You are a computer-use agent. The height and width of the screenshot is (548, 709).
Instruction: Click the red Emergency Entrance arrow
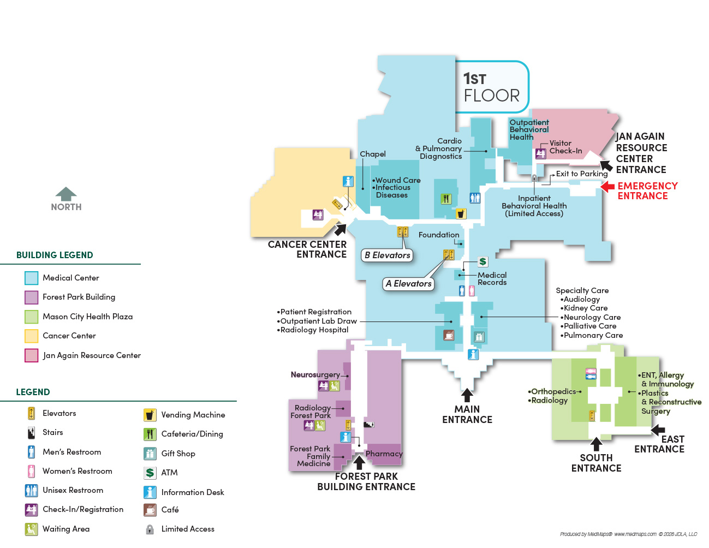(x=607, y=187)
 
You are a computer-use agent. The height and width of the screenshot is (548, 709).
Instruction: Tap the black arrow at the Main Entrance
(x=467, y=395)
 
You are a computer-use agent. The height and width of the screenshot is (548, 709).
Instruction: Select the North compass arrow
(x=66, y=194)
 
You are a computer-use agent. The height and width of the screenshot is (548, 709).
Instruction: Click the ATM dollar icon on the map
(x=482, y=261)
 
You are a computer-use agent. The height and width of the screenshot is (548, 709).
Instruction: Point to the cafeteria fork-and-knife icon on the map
(x=446, y=199)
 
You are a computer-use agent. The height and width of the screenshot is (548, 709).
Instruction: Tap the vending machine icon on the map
(x=461, y=213)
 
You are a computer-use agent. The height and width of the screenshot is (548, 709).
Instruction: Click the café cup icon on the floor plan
(x=449, y=335)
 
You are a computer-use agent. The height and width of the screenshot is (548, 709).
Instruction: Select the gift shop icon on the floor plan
(x=479, y=337)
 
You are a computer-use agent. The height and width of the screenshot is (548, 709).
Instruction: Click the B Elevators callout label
(x=387, y=255)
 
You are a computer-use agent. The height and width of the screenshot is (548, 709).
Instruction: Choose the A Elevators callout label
(x=408, y=283)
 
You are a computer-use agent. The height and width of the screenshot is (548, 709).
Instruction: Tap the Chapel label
(x=373, y=154)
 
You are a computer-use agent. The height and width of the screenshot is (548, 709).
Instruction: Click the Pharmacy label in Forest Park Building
(x=384, y=454)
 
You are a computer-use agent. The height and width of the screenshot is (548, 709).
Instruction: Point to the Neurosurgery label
(x=315, y=374)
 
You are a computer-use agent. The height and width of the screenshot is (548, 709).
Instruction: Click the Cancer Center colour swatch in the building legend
(x=31, y=336)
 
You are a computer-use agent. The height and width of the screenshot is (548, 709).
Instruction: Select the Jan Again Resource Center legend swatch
(x=31, y=355)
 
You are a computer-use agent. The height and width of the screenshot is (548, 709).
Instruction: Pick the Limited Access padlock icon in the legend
(x=150, y=529)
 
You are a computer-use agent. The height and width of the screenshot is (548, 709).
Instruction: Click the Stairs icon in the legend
(x=31, y=433)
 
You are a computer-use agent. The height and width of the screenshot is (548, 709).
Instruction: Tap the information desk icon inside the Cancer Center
(x=348, y=181)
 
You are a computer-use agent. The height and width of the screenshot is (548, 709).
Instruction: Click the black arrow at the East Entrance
(x=658, y=430)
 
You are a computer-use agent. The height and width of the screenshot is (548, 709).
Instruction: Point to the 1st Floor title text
(x=491, y=87)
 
